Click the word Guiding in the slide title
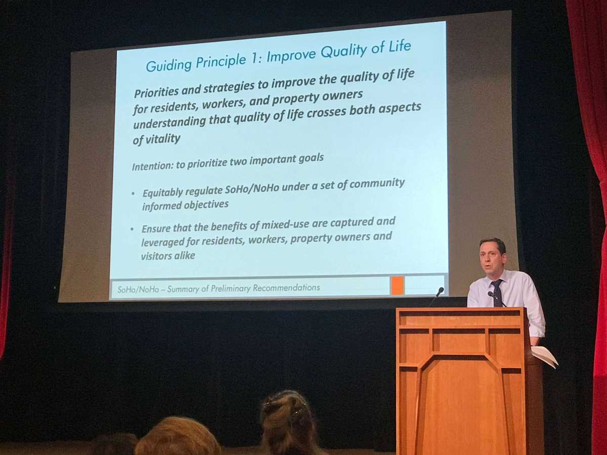pyautogui.click(x=168, y=66)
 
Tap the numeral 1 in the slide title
pyautogui.click(x=254, y=58)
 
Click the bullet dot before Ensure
pyautogui.click(x=132, y=229)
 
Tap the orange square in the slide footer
pyautogui.click(x=398, y=286)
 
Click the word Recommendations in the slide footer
pyautogui.click(x=286, y=288)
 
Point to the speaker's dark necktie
pyautogui.click(x=497, y=293)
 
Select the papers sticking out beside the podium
pyautogui.click(x=544, y=356)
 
